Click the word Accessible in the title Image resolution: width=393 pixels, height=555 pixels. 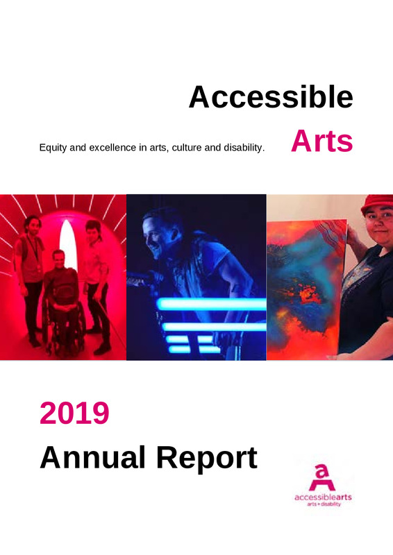click(x=271, y=96)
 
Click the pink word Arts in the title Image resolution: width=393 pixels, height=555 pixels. click(x=321, y=141)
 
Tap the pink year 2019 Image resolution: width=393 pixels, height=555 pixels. click(x=74, y=413)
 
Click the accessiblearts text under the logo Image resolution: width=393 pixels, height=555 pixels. click(x=323, y=497)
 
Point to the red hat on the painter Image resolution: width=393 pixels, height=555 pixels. click(x=377, y=203)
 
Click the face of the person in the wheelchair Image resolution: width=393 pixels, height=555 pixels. click(x=58, y=258)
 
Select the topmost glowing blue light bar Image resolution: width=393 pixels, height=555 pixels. click(x=212, y=304)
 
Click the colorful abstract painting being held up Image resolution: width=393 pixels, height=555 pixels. click(x=306, y=287)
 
